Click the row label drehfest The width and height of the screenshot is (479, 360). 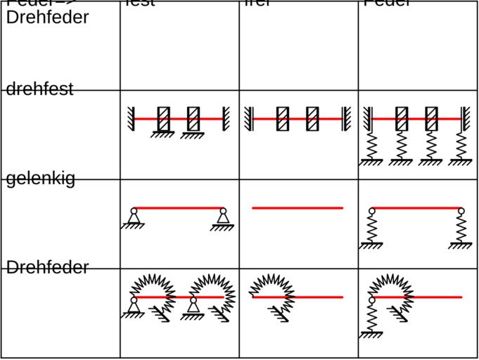coord(40,89)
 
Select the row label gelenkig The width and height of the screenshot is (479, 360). coord(40,179)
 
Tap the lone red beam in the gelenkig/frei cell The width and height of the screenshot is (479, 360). coord(298,208)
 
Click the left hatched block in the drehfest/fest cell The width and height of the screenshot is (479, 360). coord(164,119)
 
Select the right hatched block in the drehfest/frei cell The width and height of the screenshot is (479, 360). coord(312,119)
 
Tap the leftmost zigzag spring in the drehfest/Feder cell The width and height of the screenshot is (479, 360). coord(371,145)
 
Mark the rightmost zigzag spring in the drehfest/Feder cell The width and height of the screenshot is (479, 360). coord(461,145)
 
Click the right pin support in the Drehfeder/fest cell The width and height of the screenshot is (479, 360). coord(193,307)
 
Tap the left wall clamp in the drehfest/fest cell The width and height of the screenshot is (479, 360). coord(131,119)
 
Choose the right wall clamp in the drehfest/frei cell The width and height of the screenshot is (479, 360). coord(345,119)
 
